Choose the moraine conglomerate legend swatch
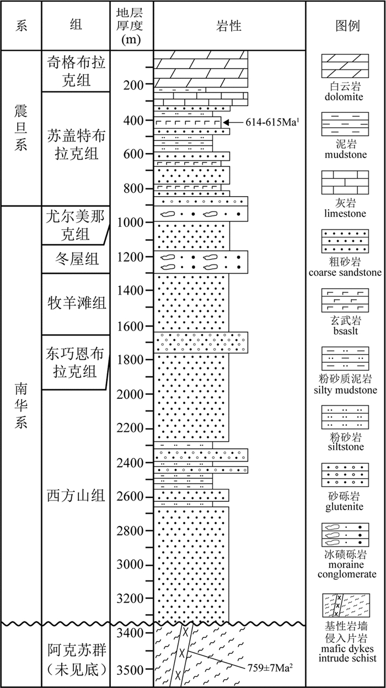[345, 533]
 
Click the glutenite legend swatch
[345, 474]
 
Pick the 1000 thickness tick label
[131, 222]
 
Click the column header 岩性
[229, 26]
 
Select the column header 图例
[345, 26]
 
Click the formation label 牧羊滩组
[76, 304]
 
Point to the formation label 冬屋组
[76, 258]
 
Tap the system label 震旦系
[21, 128]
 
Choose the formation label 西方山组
[76, 496]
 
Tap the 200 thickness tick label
[131, 85]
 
